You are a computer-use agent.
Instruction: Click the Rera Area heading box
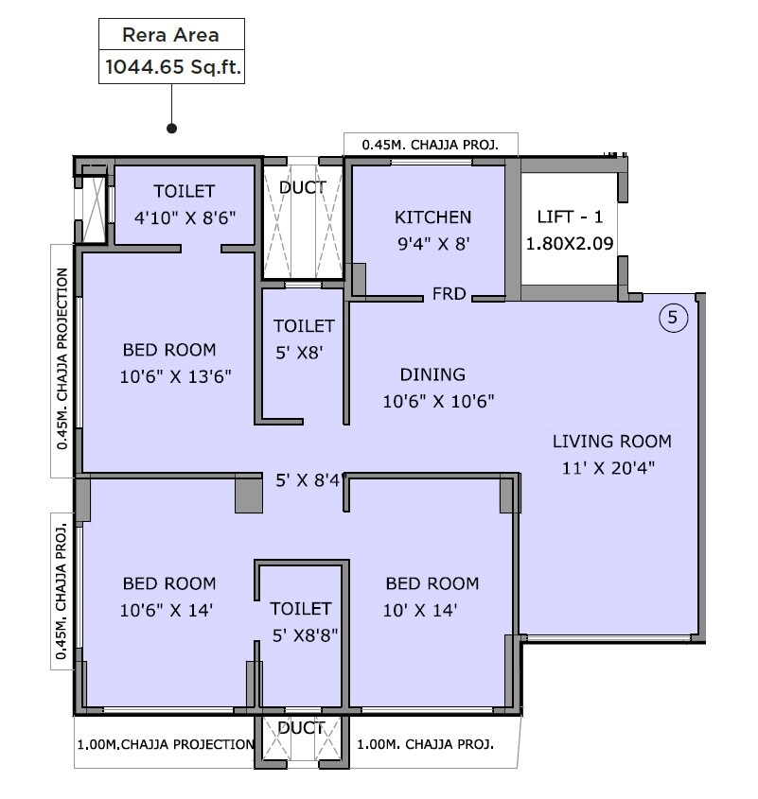pyautogui.click(x=171, y=36)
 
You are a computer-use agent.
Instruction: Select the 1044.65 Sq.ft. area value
pyautogui.click(x=171, y=68)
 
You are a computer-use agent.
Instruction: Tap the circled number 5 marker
pyautogui.click(x=672, y=318)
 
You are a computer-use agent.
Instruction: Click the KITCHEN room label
pyautogui.click(x=432, y=217)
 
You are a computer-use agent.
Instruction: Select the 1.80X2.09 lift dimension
pyautogui.click(x=570, y=243)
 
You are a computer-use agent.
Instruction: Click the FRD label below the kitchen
pyautogui.click(x=449, y=294)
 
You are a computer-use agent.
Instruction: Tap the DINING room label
pyautogui.click(x=432, y=374)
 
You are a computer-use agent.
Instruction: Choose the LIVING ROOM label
pyautogui.click(x=611, y=441)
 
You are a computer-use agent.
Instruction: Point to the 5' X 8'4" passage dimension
pyautogui.click(x=303, y=480)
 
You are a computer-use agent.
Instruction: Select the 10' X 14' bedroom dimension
pyautogui.click(x=421, y=611)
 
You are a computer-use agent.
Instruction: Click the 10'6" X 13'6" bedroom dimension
pyautogui.click(x=176, y=376)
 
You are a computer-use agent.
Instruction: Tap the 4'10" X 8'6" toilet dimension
pyautogui.click(x=184, y=217)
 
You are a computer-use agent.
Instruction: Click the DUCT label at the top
pyautogui.click(x=302, y=187)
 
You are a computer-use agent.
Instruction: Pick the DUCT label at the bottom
pyautogui.click(x=302, y=728)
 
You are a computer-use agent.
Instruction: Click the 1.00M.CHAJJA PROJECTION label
pyautogui.click(x=165, y=745)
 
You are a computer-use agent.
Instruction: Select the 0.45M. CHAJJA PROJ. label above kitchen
pyautogui.click(x=431, y=145)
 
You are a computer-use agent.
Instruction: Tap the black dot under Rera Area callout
pyautogui.click(x=171, y=128)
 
